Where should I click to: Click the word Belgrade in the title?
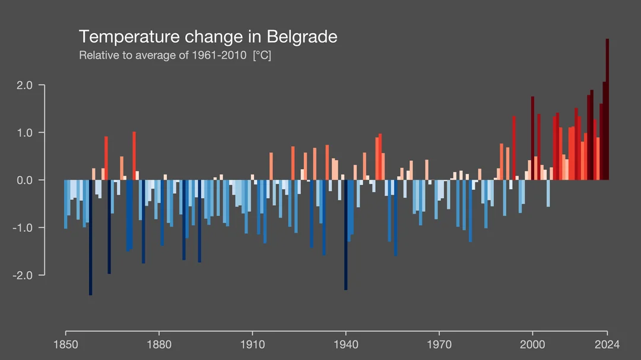302,37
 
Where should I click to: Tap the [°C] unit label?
262,56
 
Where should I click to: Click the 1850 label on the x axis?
65,345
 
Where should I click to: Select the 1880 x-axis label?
158,345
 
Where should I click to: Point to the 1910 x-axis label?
252,345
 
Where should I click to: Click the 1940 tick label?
345,345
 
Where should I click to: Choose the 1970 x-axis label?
439,345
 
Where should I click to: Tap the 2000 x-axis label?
532,345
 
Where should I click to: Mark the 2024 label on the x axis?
607,345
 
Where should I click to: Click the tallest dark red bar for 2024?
607,110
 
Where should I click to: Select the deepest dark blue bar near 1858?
90,237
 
